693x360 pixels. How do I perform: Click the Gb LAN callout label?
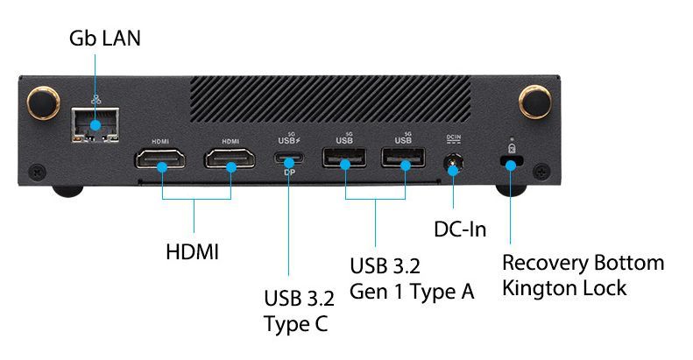(104, 39)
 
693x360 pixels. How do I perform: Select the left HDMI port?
(160, 159)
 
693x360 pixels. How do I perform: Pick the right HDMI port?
(230, 159)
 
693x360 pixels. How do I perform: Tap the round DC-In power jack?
(453, 162)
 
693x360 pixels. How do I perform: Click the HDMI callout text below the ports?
(192, 252)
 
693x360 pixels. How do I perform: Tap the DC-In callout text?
(460, 229)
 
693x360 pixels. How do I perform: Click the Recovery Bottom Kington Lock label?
(583, 275)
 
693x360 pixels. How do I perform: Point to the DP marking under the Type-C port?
(288, 173)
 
